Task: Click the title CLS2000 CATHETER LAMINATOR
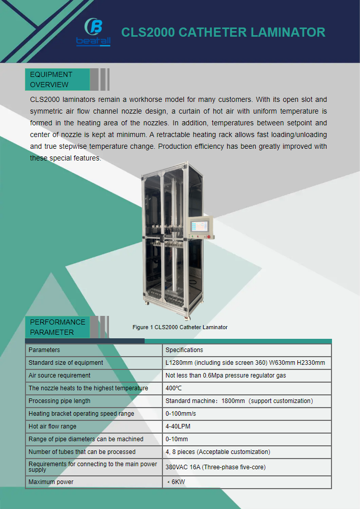(x=223, y=33)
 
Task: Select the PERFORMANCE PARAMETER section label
(x=58, y=327)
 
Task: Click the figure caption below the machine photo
(x=180, y=327)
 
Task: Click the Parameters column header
(x=44, y=350)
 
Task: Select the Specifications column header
(x=184, y=350)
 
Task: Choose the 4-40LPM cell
(x=178, y=426)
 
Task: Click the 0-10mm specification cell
(x=177, y=439)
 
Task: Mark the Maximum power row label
(x=51, y=482)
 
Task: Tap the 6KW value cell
(x=176, y=482)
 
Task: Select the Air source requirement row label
(x=59, y=376)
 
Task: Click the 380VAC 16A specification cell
(x=215, y=467)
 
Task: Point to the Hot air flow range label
(x=52, y=426)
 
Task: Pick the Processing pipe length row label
(x=60, y=401)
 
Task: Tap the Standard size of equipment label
(x=66, y=363)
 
